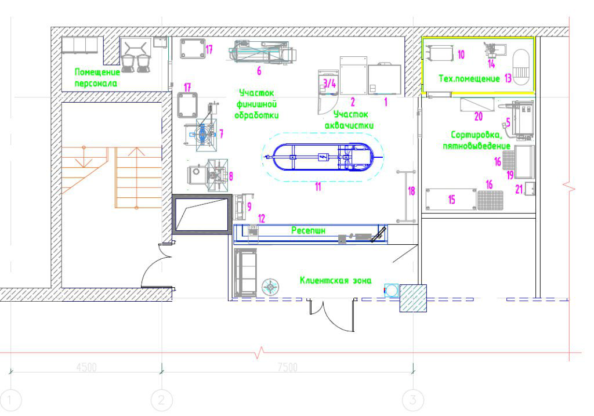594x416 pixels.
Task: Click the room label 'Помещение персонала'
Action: coord(97,78)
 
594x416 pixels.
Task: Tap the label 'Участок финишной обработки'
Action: coord(256,104)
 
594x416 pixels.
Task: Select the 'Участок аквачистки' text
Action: coord(349,120)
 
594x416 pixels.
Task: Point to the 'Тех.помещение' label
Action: coord(469,78)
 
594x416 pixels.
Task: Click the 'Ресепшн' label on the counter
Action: coord(308,230)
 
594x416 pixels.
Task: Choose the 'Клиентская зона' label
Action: coord(336,280)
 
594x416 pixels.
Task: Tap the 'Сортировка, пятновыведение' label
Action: coord(477,140)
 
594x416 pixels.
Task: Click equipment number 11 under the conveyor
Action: coord(318,186)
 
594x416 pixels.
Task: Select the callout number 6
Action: coord(259,70)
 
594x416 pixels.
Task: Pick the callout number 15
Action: coord(451,200)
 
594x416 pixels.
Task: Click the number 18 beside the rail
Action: coord(412,191)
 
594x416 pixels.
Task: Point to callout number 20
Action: coord(479,116)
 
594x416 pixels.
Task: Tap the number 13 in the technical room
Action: coord(508,78)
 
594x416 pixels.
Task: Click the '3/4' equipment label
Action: coord(329,83)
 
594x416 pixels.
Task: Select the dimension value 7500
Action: coord(288,367)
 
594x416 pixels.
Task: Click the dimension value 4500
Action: coord(86,367)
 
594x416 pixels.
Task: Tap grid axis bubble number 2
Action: coord(162,400)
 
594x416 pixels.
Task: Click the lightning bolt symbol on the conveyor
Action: coord(323,157)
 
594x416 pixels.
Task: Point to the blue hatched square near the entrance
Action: coord(413,298)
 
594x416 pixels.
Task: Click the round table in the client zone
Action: coord(270,287)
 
